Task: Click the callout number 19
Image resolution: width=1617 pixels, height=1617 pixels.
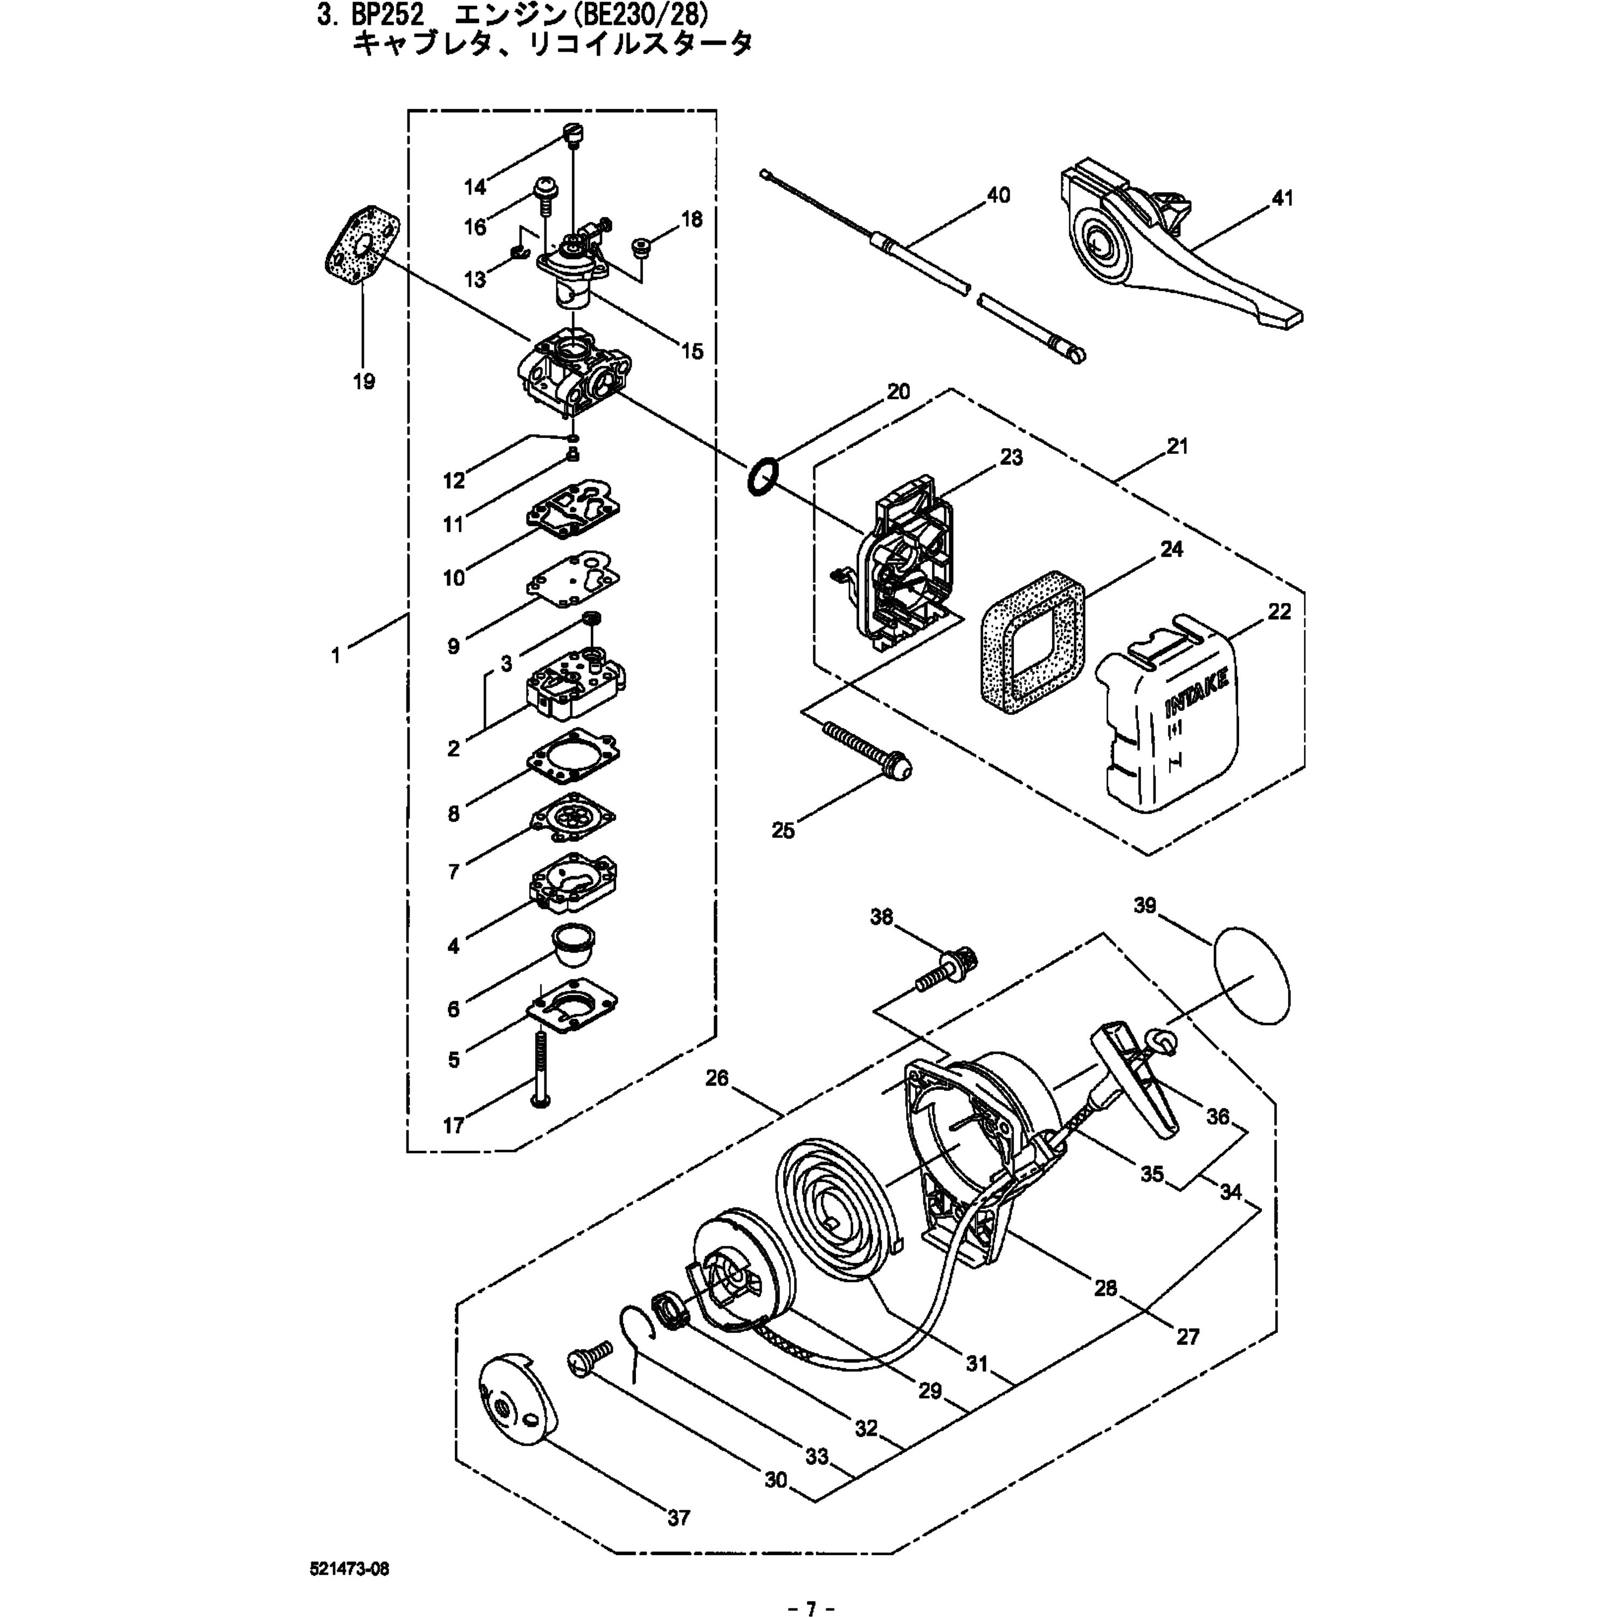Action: click(x=363, y=382)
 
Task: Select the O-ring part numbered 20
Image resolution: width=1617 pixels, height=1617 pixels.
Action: click(x=763, y=476)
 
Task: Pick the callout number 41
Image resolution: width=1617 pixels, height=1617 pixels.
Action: click(x=1282, y=198)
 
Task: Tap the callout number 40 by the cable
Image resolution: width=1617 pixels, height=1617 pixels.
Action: click(x=998, y=195)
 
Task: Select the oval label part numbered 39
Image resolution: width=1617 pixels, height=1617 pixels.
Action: click(x=1250, y=976)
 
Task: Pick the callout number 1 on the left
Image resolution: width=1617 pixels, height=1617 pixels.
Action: click(x=336, y=655)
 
